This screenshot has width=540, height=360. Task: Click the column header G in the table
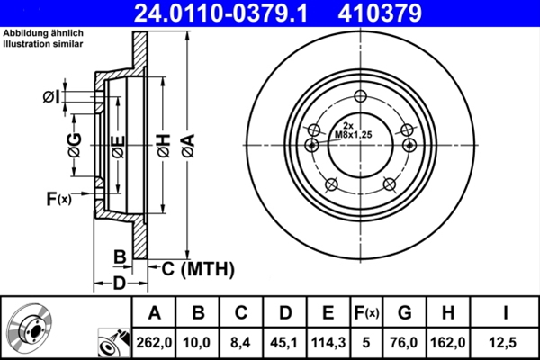point(404,312)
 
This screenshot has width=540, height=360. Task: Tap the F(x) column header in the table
point(365,312)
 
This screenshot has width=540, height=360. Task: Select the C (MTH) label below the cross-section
point(197,267)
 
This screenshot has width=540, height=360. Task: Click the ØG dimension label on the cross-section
point(74,144)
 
